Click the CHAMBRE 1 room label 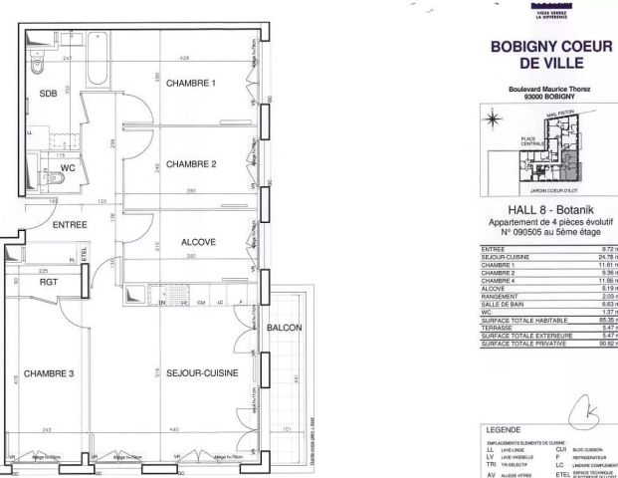[191, 83]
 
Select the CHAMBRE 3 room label [50, 374]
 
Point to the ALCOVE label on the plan [198, 242]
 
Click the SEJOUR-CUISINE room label [198, 374]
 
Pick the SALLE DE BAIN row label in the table [504, 305]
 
